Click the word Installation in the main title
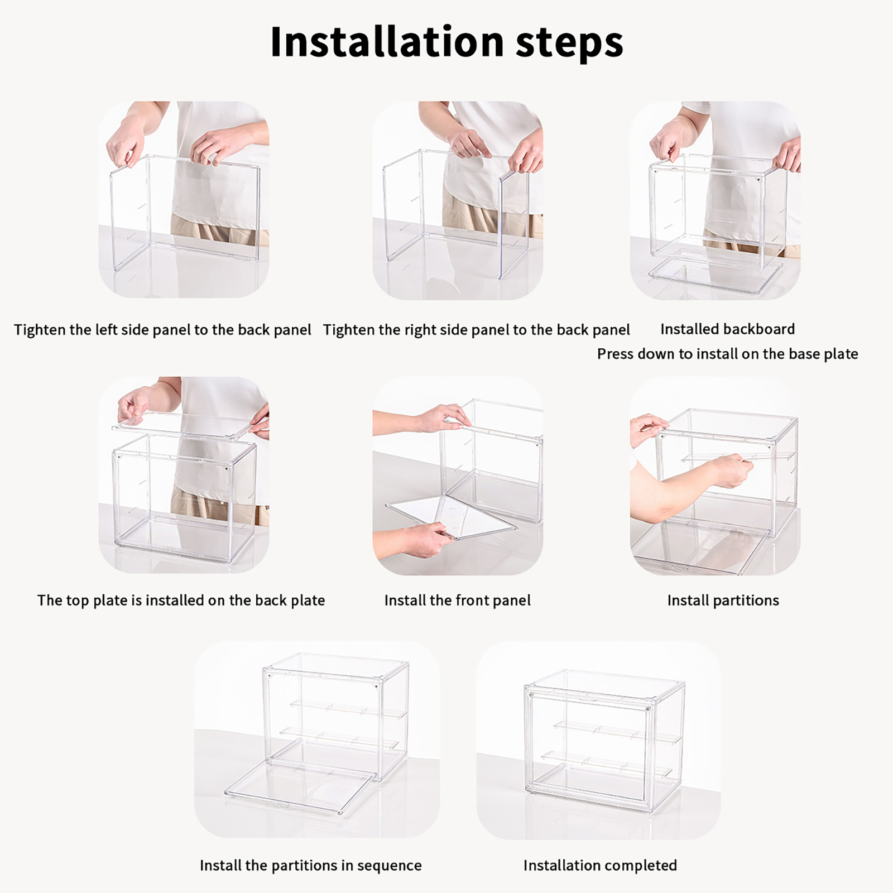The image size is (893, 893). click(387, 42)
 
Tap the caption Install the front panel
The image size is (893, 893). click(458, 601)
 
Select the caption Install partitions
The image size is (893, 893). click(723, 601)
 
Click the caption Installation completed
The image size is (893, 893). click(600, 866)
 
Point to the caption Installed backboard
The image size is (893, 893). click(727, 329)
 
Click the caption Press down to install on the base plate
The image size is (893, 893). click(727, 354)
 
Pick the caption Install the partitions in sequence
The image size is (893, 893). click(310, 866)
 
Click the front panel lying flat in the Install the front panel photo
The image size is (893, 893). click(450, 517)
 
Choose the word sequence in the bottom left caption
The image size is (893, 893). click(389, 866)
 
